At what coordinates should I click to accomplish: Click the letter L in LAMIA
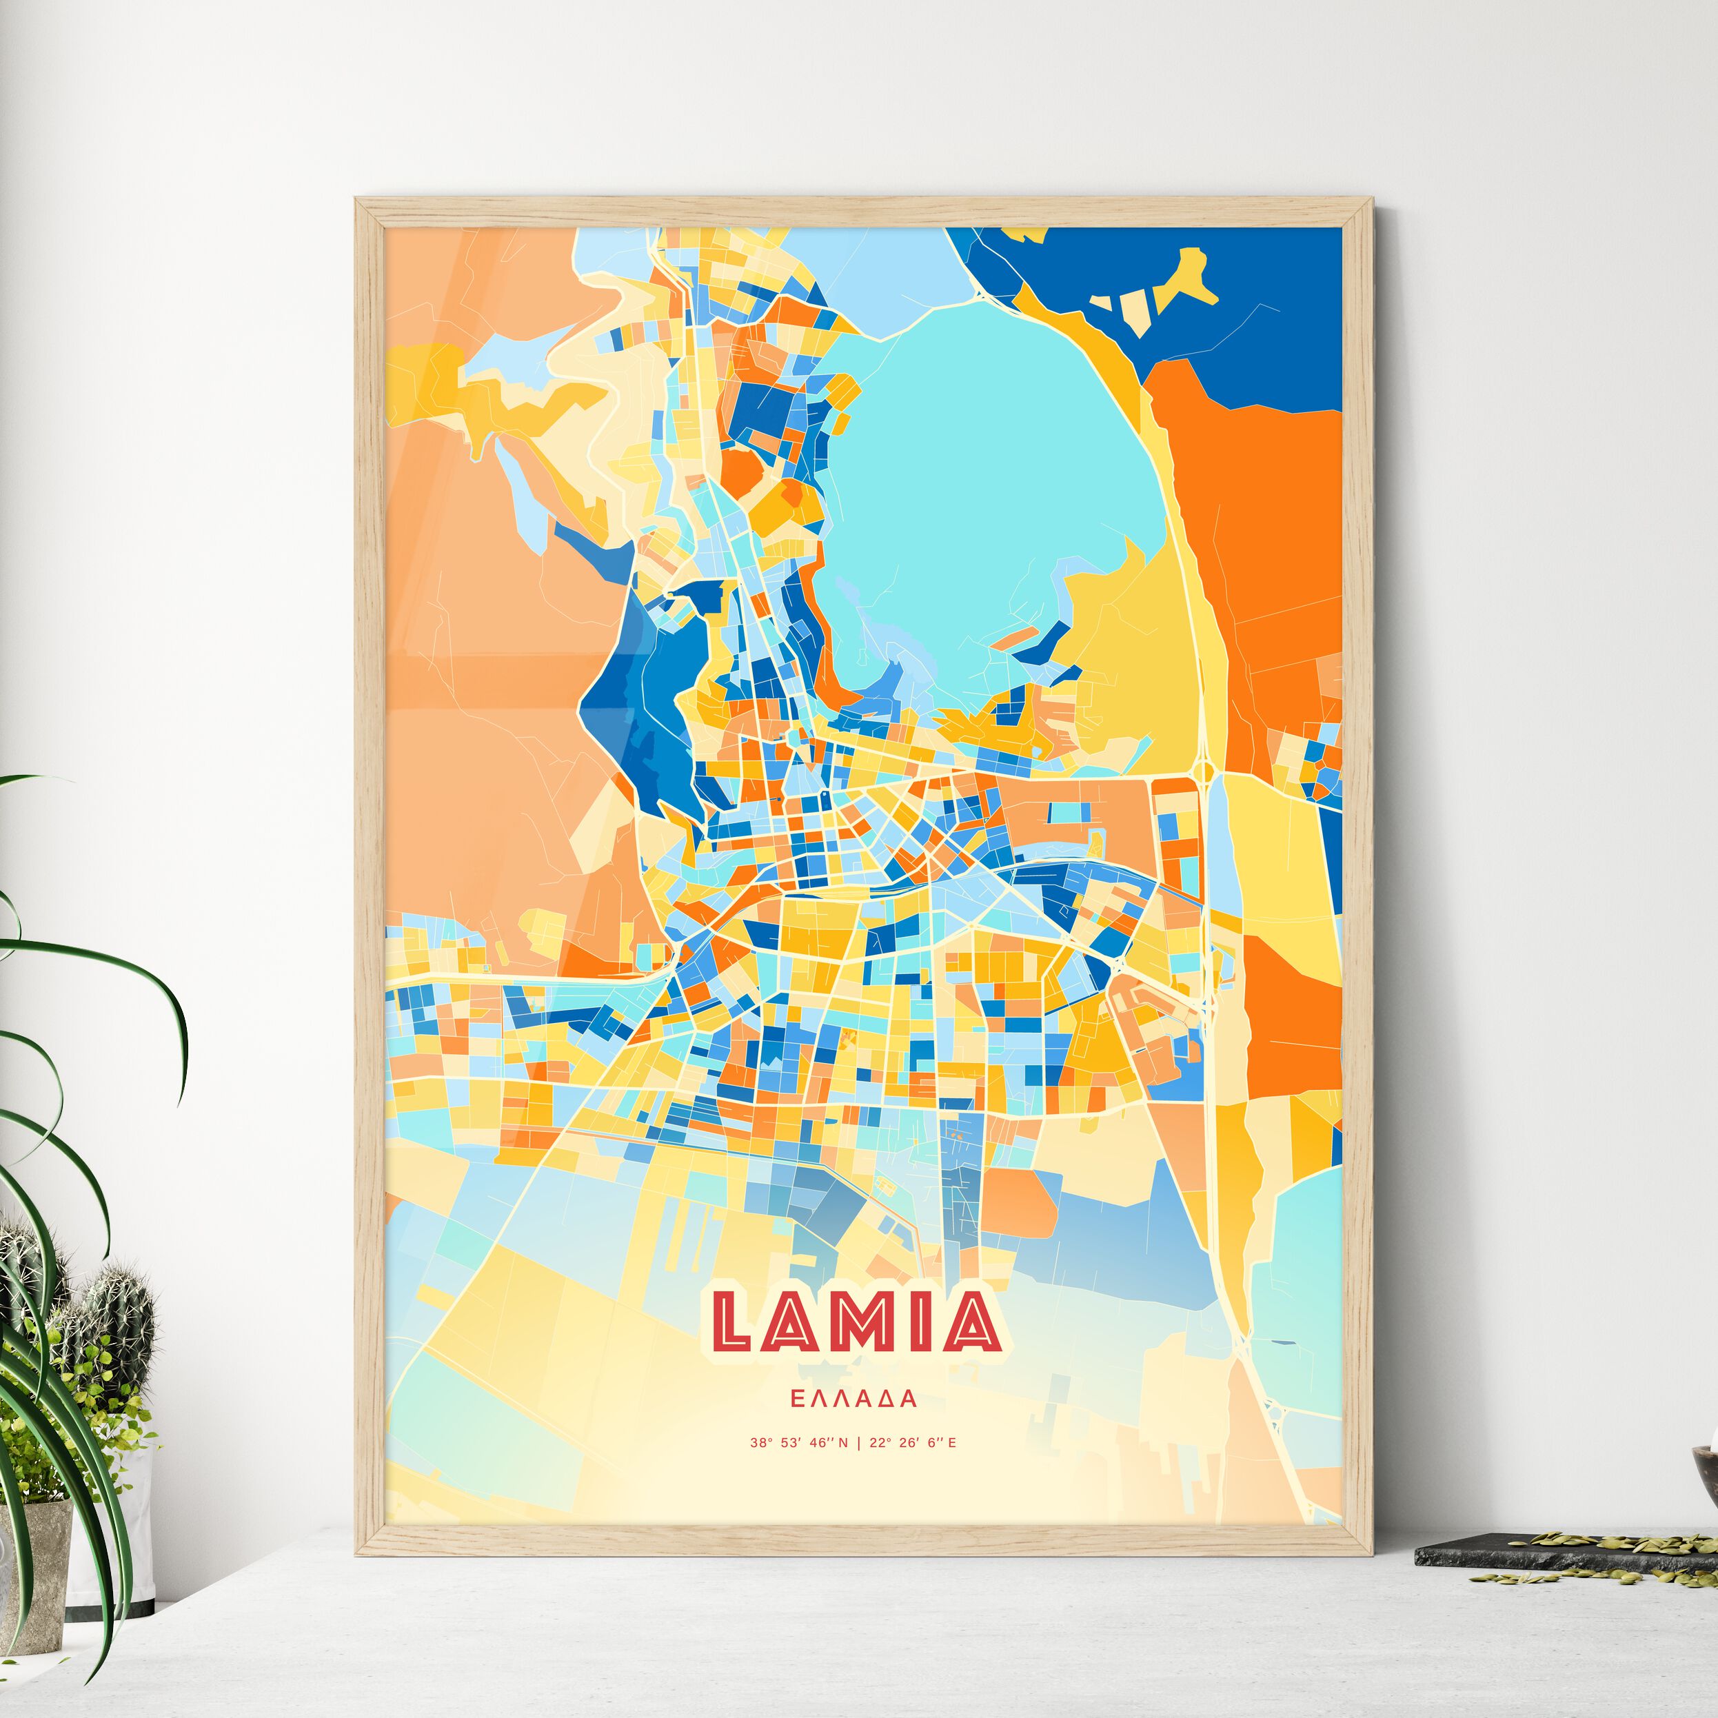[739, 1322]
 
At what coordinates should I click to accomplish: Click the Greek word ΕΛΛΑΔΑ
[853, 1399]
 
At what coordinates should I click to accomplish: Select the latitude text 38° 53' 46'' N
[798, 1443]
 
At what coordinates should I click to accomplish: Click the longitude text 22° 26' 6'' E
[912, 1443]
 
